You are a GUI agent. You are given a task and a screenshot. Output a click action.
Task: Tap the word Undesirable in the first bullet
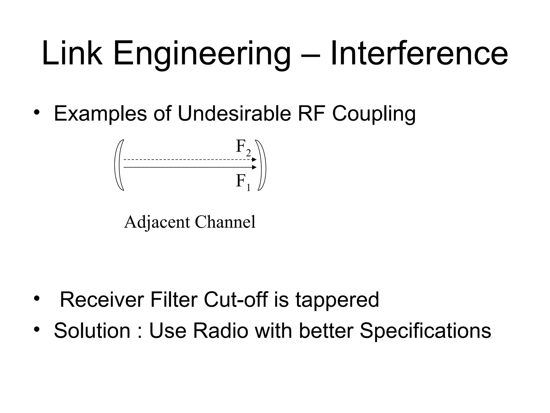(x=234, y=113)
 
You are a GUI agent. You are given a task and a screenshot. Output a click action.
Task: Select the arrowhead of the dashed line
(x=254, y=160)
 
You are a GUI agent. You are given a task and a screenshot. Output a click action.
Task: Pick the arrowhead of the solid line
(x=254, y=167)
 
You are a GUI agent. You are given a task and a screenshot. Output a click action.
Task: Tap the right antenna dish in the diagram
(x=262, y=165)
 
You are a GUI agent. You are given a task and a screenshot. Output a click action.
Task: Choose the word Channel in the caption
(x=225, y=222)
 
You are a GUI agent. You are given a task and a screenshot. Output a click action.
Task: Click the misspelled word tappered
(x=337, y=300)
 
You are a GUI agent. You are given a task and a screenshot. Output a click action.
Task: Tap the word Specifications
(x=425, y=331)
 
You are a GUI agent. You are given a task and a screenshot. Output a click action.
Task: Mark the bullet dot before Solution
(x=37, y=330)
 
